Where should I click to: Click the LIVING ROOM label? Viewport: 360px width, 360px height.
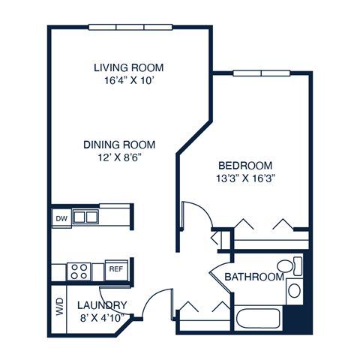point(128,67)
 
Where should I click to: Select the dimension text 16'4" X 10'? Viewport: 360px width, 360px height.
point(128,80)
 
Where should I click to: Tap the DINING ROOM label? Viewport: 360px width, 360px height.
point(118,145)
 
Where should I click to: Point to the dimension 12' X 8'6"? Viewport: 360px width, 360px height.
point(118,158)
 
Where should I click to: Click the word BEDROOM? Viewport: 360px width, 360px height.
point(245,166)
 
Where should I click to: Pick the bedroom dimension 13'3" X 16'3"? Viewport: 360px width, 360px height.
point(245,179)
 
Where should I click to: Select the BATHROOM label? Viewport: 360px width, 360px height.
point(254,277)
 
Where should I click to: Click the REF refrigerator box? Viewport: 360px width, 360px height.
point(116,268)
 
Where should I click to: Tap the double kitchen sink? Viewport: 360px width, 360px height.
point(85,217)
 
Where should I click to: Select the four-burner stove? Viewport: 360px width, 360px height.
point(79,269)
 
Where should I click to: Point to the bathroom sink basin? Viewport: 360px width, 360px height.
point(294,290)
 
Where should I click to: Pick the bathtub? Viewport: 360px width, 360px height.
point(259,318)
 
